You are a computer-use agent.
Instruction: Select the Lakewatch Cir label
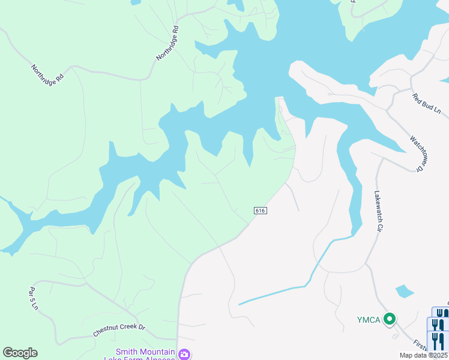tap(378, 211)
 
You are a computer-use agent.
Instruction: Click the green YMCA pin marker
tap(390, 319)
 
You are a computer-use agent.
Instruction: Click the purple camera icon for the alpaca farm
tap(185, 353)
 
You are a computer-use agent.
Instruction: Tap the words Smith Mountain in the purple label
tap(145, 352)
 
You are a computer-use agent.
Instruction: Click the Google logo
tap(20, 353)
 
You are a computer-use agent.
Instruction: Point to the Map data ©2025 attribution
tap(423, 355)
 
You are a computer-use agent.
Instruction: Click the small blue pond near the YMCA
tap(405, 292)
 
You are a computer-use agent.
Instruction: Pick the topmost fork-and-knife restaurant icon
tap(440, 313)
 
